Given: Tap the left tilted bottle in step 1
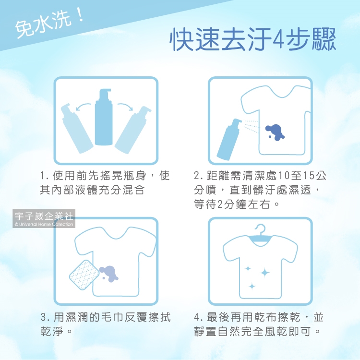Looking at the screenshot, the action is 77,128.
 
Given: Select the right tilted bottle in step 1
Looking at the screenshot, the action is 133,130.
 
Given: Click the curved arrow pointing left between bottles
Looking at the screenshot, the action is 84,107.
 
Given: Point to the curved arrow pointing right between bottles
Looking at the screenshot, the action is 125,107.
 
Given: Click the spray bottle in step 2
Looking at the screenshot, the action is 229,140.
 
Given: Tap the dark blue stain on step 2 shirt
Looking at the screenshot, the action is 275,132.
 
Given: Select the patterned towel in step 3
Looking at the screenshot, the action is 84,275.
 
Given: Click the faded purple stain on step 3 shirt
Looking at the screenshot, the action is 108,274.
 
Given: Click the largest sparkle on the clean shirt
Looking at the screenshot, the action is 264,273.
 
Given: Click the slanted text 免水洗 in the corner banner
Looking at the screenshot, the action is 43,24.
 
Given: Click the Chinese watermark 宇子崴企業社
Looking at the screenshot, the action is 44,216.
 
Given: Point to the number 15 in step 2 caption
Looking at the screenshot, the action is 308,176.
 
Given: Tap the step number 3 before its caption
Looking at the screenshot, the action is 44,317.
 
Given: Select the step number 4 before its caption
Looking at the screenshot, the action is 197,317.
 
